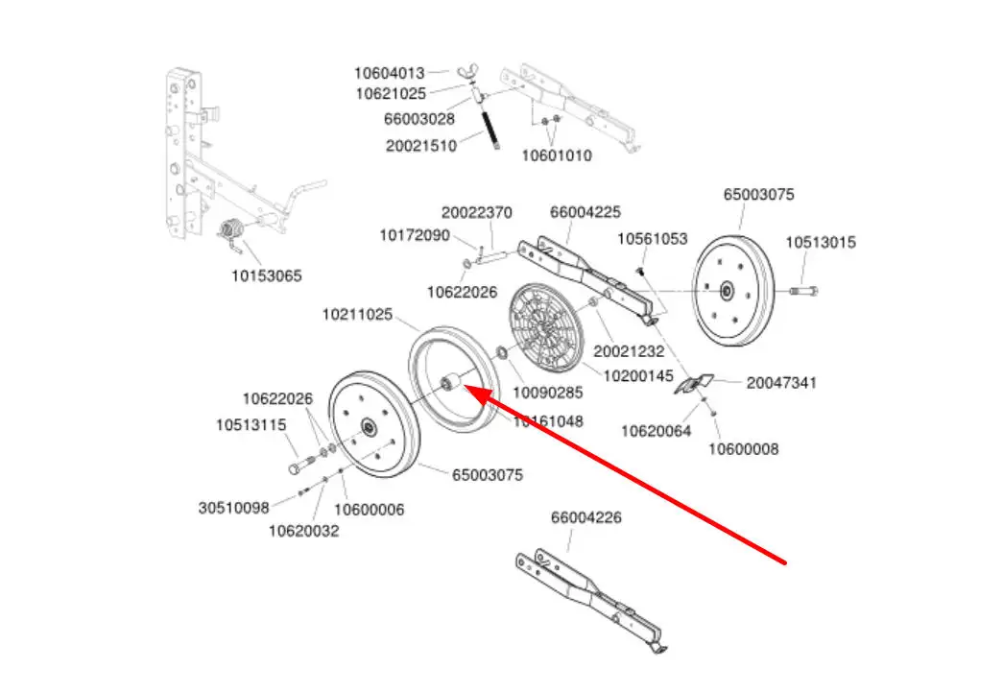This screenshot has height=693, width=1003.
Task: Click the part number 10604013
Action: pyautogui.click(x=389, y=73)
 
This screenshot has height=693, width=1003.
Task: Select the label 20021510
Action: pyautogui.click(x=421, y=145)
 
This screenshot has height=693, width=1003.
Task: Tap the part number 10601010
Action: pyautogui.click(x=557, y=155)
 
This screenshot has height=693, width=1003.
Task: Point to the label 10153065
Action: pyautogui.click(x=266, y=275)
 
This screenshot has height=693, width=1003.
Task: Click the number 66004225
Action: pyautogui.click(x=585, y=212)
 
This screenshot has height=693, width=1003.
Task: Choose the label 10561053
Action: pyautogui.click(x=652, y=238)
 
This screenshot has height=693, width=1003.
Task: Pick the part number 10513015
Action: pyautogui.click(x=821, y=242)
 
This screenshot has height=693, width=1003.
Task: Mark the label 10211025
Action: pyautogui.click(x=357, y=314)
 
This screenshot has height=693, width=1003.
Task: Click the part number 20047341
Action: pyautogui.click(x=781, y=382)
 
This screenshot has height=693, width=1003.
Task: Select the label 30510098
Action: pyautogui.click(x=234, y=509)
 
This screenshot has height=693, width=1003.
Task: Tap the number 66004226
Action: pyautogui.click(x=585, y=517)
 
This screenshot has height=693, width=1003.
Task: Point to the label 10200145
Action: pyautogui.click(x=638, y=374)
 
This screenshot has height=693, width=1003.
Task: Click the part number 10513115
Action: pyautogui.click(x=251, y=424)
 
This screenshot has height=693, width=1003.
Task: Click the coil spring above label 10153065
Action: pyautogui.click(x=231, y=233)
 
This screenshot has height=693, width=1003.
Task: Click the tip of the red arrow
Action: pyautogui.click(x=465, y=387)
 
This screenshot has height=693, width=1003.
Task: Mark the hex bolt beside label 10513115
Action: pyautogui.click(x=299, y=466)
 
